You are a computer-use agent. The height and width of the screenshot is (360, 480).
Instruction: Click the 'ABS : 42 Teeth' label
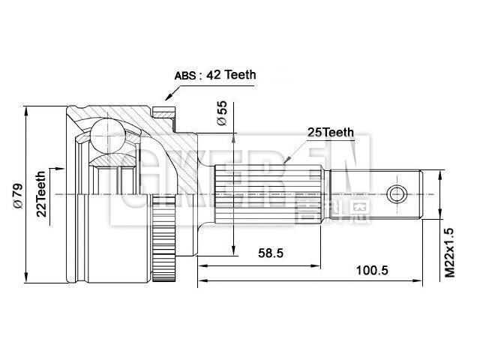tap(215, 75)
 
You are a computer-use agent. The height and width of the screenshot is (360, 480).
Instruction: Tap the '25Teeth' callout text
tap(330, 133)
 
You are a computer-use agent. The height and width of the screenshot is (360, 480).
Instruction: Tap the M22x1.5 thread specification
tap(449, 253)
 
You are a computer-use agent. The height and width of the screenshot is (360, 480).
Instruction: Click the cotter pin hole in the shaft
tap(397, 195)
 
